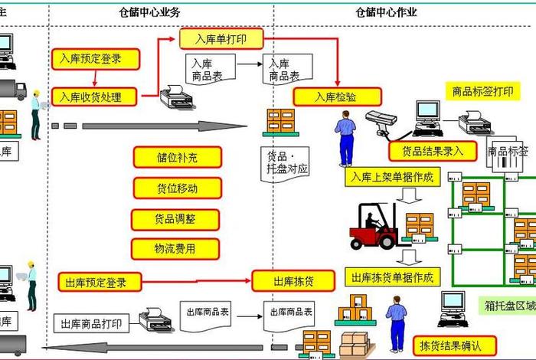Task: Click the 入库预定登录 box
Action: pos(96,58)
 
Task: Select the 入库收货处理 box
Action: pos(96,97)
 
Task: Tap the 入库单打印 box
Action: pos(222,38)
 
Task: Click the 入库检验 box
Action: pos(336,97)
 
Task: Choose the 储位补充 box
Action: pos(177,157)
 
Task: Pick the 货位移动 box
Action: pos(177,188)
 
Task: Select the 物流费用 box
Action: pos(175,249)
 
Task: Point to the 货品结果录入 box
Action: pos(433,151)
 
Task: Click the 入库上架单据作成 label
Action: pos(392,178)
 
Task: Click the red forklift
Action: pos(375,227)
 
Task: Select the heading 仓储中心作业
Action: pos(387,11)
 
